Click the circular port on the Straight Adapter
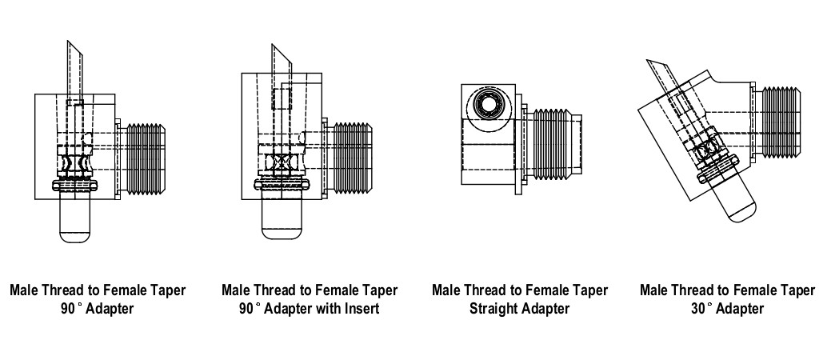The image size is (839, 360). [x=486, y=105]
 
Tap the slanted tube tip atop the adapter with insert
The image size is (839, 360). [x=281, y=60]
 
